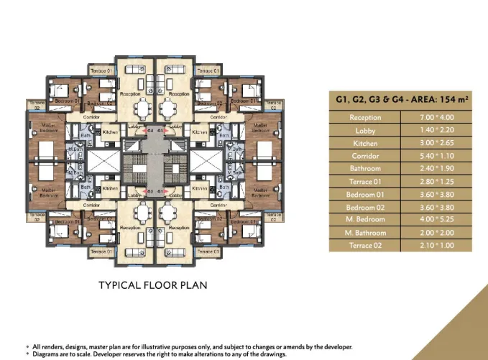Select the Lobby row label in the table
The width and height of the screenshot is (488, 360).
click(x=365, y=131)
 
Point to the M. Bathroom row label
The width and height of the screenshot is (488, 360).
click(x=365, y=232)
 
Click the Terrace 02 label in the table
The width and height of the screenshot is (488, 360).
click(x=365, y=246)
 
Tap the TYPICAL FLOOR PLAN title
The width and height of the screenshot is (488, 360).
click(x=152, y=285)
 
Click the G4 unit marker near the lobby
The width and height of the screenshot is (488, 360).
click(x=151, y=131)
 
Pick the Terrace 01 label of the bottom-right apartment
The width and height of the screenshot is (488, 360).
click(x=208, y=252)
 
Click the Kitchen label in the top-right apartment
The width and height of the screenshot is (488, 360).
click(x=201, y=132)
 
